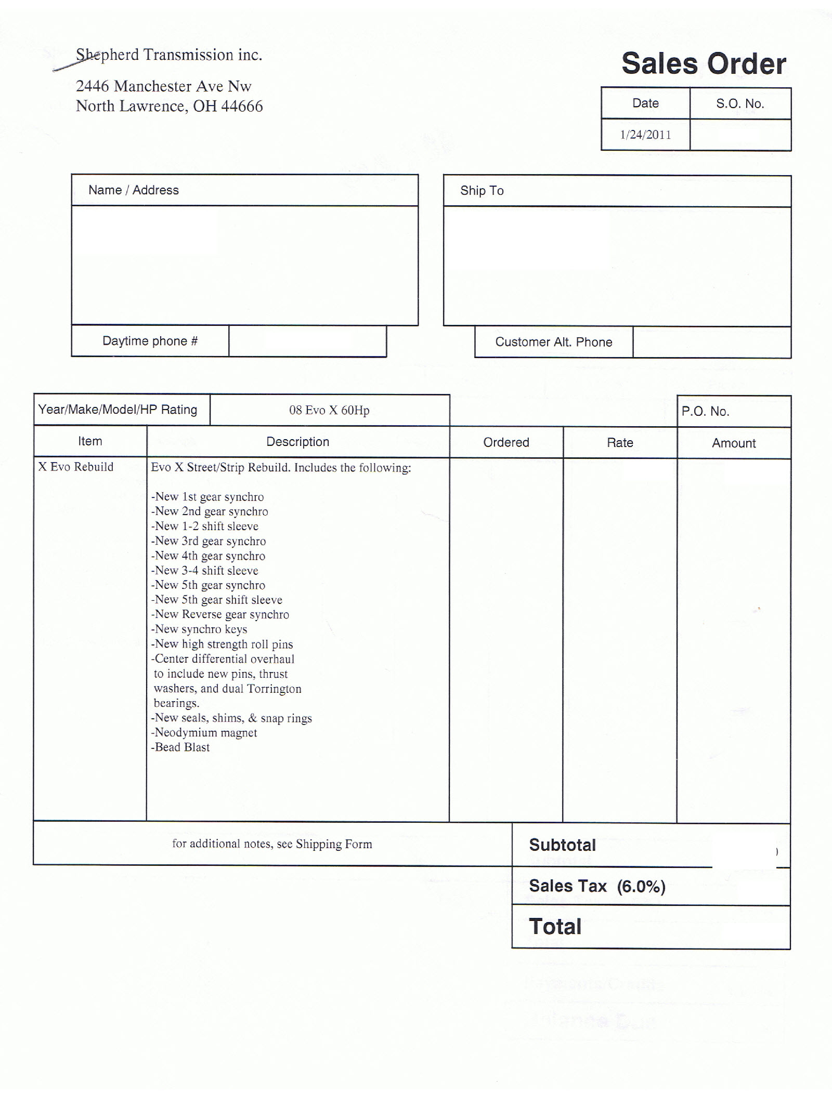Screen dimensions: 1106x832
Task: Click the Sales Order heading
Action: coord(704,64)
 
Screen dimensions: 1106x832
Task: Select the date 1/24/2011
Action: coord(645,135)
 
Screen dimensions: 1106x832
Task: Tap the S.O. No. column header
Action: coord(740,104)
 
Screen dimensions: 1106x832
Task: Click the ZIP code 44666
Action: coord(242,107)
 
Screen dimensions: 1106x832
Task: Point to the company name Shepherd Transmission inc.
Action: coord(169,55)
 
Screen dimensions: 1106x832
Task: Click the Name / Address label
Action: coord(134,190)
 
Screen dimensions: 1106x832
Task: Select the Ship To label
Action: coord(482,191)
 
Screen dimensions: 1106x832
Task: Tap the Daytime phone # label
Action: coord(150,341)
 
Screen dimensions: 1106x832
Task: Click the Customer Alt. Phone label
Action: coord(553,342)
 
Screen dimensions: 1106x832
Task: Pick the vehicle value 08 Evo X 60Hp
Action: coord(329,410)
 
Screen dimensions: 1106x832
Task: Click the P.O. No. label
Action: coord(705,412)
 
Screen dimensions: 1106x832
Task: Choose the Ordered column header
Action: coord(506,442)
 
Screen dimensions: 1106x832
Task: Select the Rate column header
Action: coord(620,443)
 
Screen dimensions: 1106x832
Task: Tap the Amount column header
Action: coord(734,443)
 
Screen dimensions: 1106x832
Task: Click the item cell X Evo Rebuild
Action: coord(76,467)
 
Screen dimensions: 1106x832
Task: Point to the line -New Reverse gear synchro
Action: coord(220,615)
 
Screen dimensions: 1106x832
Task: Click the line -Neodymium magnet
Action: coord(204,733)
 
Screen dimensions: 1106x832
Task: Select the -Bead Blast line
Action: coord(180,747)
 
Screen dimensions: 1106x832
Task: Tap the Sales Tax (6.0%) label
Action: coord(597,886)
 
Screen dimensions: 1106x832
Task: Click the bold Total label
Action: coord(555,927)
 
